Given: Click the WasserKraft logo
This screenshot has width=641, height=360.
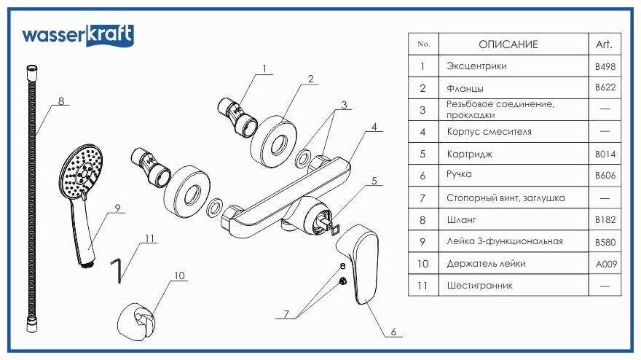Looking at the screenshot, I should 77,36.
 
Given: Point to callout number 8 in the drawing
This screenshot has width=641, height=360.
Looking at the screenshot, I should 61,101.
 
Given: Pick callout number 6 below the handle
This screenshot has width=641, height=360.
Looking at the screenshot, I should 393,332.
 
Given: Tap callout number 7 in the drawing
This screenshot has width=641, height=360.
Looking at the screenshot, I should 286,314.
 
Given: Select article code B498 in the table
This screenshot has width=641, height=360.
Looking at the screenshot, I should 605,66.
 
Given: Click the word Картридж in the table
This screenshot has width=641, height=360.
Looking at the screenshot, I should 470,154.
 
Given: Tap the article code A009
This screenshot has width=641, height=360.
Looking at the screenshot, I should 605,264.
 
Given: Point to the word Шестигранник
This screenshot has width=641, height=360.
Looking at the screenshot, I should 479,286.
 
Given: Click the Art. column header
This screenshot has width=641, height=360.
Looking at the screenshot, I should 604,44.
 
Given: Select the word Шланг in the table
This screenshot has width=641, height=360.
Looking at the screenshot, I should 461,219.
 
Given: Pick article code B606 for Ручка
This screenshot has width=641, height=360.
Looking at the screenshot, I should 605,176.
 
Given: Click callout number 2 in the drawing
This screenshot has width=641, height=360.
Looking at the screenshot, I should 310,78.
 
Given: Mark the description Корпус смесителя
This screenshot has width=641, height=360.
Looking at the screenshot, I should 489,132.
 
